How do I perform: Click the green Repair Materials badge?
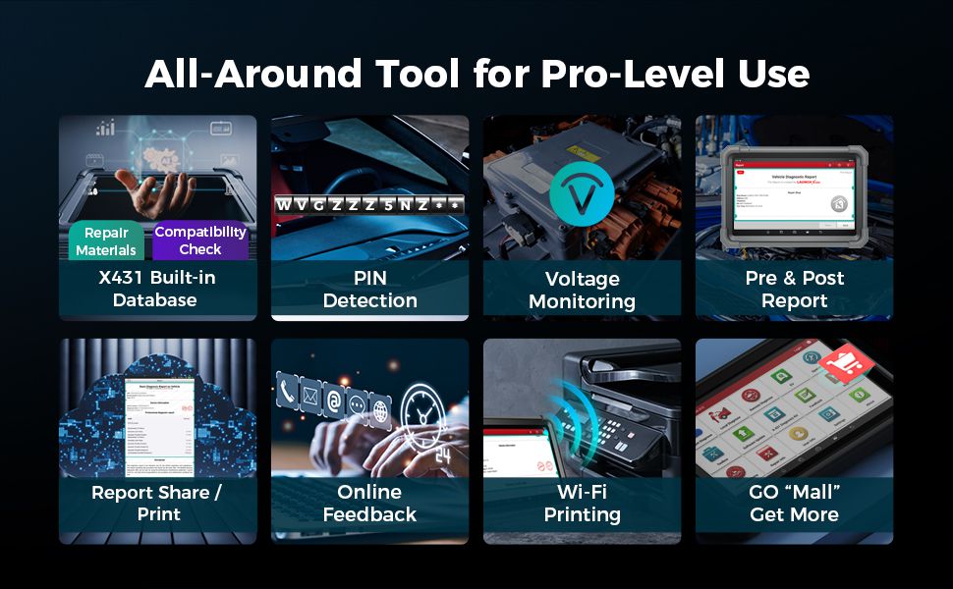(x=106, y=241)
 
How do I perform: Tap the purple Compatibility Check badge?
(x=200, y=241)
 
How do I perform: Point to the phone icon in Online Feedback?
(x=288, y=393)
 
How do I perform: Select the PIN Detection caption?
(x=370, y=289)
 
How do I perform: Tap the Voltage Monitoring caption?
(x=582, y=291)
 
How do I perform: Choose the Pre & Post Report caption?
(x=794, y=289)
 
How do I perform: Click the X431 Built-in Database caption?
(x=157, y=289)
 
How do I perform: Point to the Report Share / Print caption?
(x=157, y=503)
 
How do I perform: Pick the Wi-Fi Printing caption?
(x=582, y=503)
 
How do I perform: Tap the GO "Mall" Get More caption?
(x=794, y=503)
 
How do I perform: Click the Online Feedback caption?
(x=369, y=503)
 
